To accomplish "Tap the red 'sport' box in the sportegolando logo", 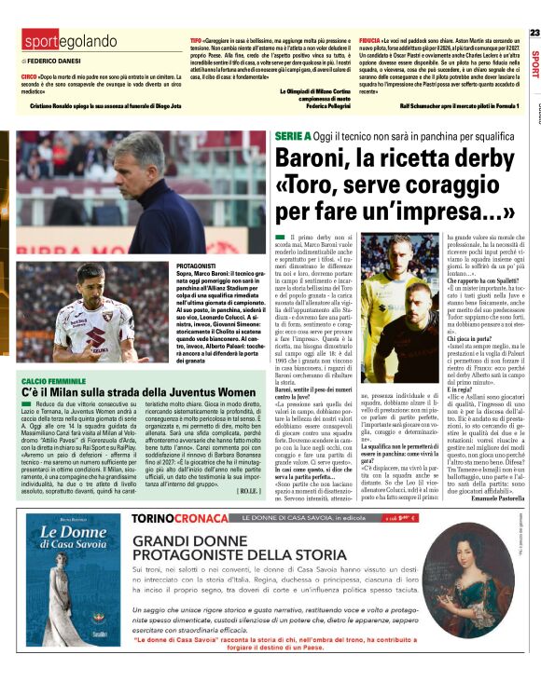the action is (x=42, y=42).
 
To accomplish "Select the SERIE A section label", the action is (x=294, y=136).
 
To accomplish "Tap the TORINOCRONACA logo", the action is (x=181, y=517).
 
